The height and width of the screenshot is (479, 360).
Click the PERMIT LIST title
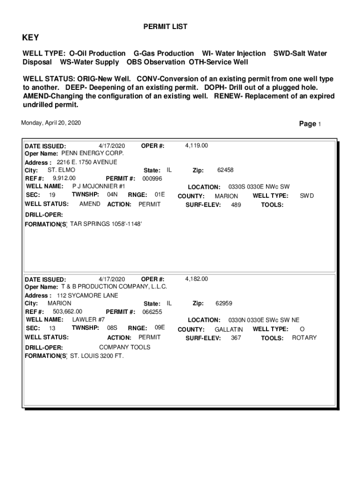coord(165,27)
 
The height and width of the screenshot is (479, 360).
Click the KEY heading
coord(31,38)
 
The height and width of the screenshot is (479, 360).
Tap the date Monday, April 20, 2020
coord(51,123)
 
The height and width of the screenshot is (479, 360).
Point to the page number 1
coord(319,124)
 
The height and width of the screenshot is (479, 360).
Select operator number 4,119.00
coord(196,145)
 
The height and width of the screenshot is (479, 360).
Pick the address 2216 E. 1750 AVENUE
coord(87,162)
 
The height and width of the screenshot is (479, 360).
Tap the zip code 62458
coord(225,170)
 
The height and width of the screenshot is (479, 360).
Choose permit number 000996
coord(152,179)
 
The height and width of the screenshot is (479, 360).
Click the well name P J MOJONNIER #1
coord(99,186)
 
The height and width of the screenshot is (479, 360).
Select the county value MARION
coord(226,196)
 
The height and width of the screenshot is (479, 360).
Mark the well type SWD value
coord(307,196)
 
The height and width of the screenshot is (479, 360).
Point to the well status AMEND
coord(90,204)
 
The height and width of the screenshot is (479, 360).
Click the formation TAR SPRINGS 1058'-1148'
coord(106,224)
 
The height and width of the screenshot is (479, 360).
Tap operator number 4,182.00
coord(196,279)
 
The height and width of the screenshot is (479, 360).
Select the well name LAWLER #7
coord(88,319)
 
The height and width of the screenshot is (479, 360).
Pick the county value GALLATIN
coord(229,330)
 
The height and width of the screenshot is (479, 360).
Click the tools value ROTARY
coord(304,338)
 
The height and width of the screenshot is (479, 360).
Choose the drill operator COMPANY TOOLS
coord(125,347)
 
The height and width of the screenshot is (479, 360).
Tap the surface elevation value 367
coord(236,338)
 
